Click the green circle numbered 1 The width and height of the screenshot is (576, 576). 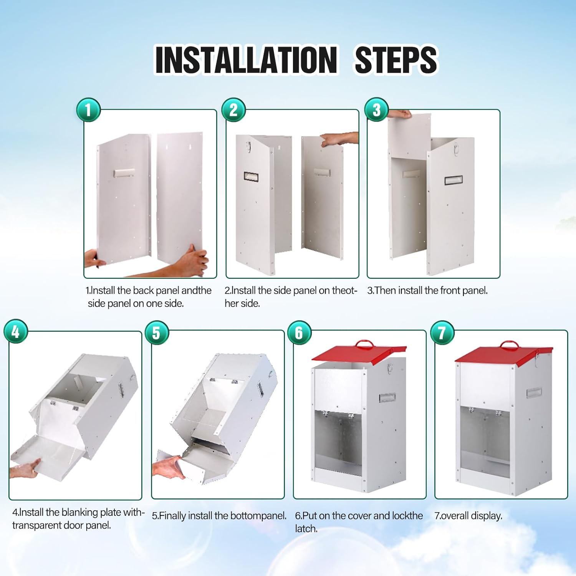(x=88, y=110)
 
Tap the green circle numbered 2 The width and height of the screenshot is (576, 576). (x=233, y=110)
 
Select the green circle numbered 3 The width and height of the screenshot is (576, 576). (x=376, y=110)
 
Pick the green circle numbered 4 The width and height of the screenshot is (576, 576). (x=16, y=331)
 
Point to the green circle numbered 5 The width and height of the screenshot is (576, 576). (x=157, y=333)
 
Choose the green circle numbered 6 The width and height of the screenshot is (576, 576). (x=299, y=333)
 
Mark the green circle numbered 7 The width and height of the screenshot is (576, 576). (x=442, y=333)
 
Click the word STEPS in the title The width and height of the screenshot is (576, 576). (x=396, y=60)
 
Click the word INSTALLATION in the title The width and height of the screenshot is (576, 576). (x=246, y=60)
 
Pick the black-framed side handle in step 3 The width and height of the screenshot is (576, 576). (x=453, y=180)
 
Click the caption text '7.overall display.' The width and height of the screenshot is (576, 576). (x=468, y=516)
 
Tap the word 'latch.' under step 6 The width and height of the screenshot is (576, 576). (x=306, y=529)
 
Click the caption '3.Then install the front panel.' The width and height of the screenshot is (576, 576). (x=427, y=291)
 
